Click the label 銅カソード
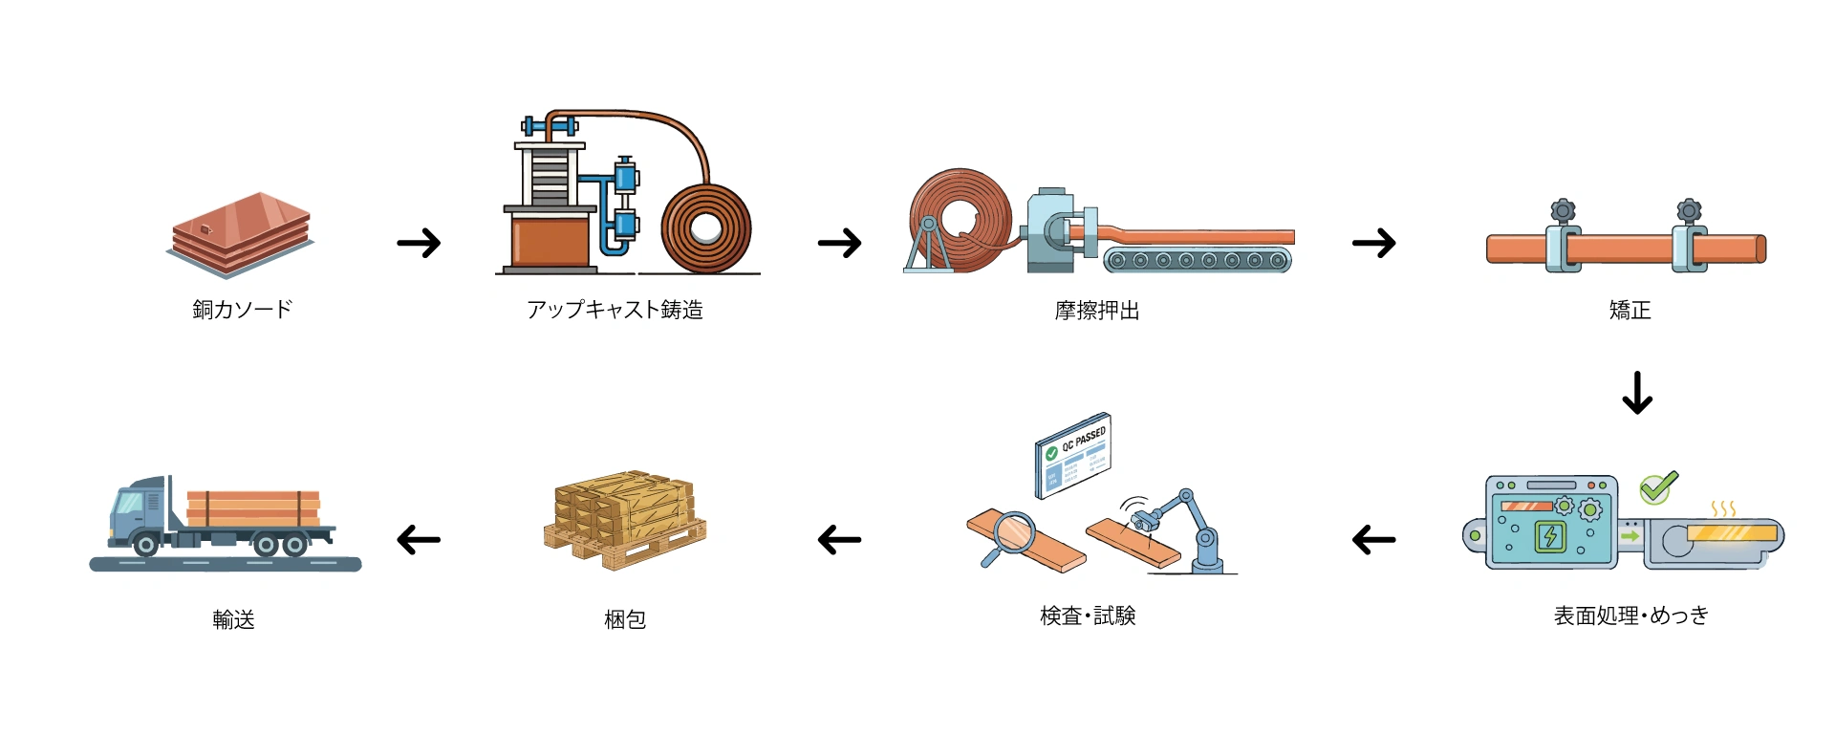(x=242, y=310)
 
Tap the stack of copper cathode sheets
(x=241, y=233)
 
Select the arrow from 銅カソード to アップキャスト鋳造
(x=419, y=243)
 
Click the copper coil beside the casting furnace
(x=706, y=229)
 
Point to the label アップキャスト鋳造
(x=615, y=310)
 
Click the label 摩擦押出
(x=1096, y=311)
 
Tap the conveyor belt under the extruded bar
(x=1197, y=260)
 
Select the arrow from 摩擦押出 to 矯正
(x=1373, y=243)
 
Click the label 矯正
(x=1630, y=310)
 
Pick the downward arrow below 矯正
(x=1637, y=393)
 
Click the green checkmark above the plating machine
(x=1658, y=487)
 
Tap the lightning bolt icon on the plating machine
(x=1549, y=536)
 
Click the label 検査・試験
(x=1088, y=616)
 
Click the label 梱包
(x=625, y=620)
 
